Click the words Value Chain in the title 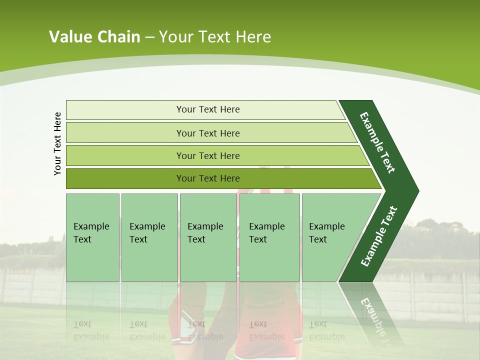coord(94,37)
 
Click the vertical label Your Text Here coord(57,143)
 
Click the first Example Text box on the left coord(92,237)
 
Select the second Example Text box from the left coord(149,237)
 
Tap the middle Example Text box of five coord(208,237)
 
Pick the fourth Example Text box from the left coord(269,237)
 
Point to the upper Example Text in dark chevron coord(377,142)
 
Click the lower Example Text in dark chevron coord(378,236)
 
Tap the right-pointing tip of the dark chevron coord(414,191)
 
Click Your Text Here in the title coord(215,37)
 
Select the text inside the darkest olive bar coord(208,178)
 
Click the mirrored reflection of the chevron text coord(375,320)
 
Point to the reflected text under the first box coord(91,330)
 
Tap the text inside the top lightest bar coord(208,109)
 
